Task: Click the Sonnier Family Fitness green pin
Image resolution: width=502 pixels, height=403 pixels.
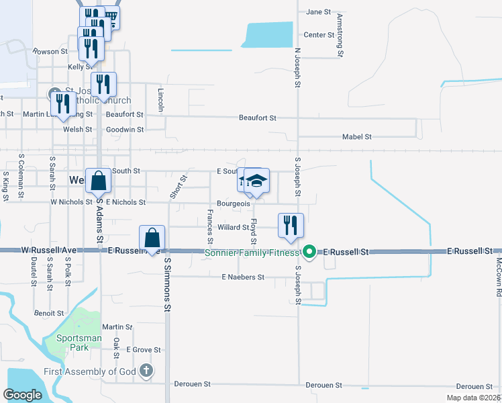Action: coord(309,253)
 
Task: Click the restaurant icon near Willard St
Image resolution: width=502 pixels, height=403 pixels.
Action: coord(291,225)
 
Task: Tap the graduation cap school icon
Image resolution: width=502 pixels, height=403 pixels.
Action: coord(256,180)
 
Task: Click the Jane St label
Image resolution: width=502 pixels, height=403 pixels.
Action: coord(318,12)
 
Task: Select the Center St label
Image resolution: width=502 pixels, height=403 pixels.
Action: coord(319,35)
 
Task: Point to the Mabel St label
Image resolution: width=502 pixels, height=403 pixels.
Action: coord(356,136)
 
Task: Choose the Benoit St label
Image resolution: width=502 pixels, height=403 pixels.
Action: coord(49,313)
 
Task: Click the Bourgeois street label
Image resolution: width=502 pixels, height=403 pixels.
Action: coord(234,203)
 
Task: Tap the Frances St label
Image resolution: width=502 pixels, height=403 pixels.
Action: coord(210,226)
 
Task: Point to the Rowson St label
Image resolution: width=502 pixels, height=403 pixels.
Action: coord(51,51)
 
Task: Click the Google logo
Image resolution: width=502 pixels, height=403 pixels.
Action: coord(22,395)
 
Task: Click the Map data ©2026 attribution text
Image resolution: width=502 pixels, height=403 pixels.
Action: coord(473,398)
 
